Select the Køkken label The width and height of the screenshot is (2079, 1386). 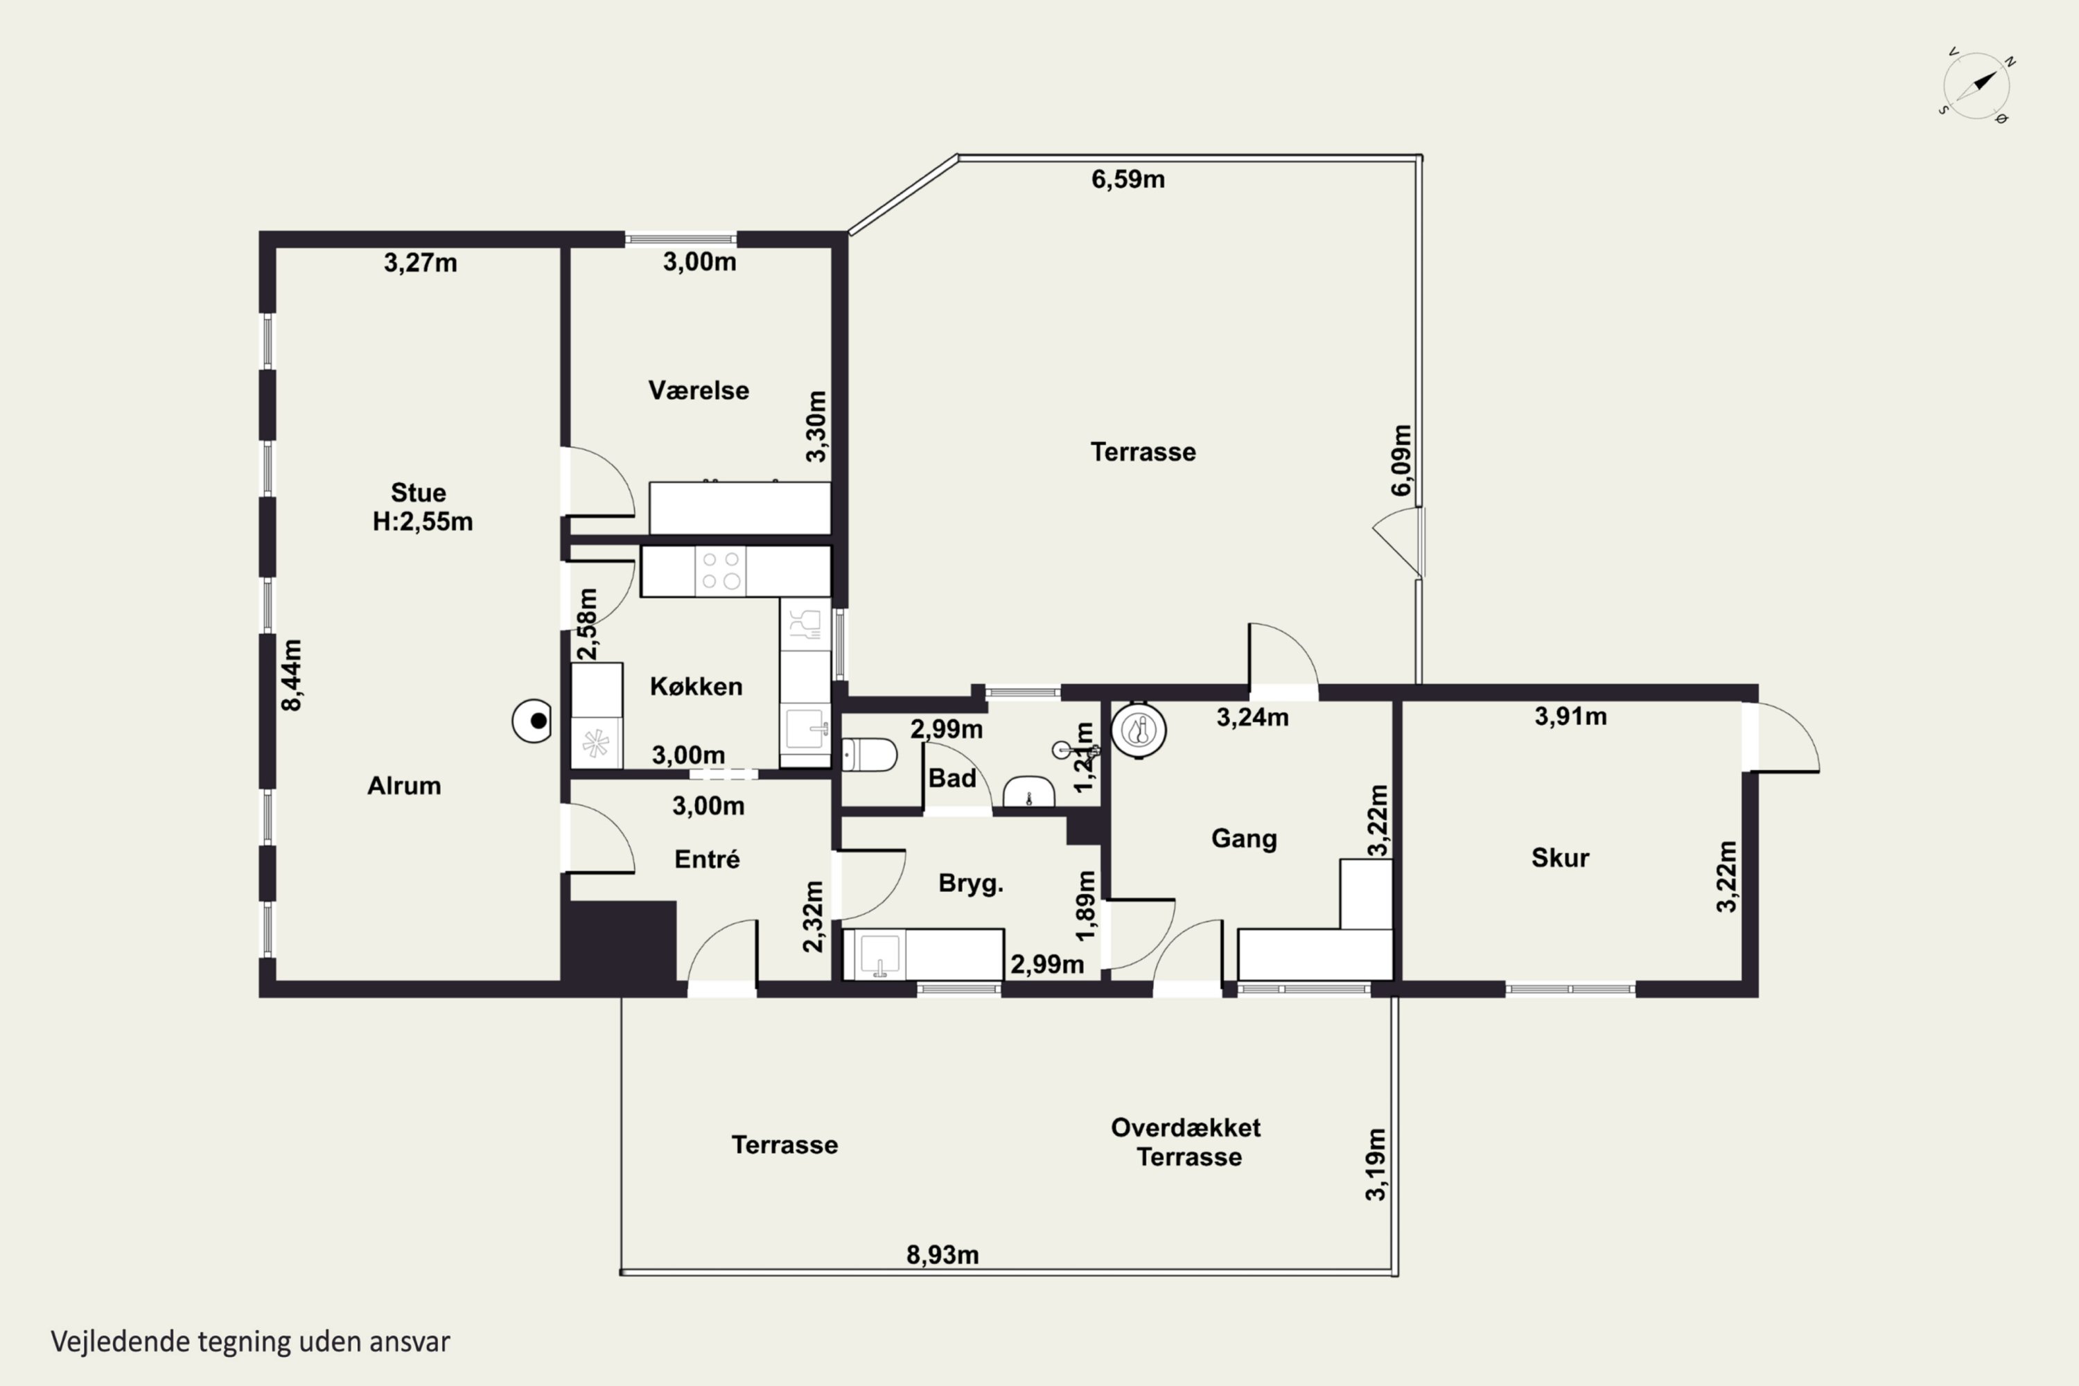(696, 686)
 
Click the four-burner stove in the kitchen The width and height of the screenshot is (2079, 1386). (721, 571)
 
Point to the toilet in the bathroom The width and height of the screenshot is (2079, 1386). (869, 755)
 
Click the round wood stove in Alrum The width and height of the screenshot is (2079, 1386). (532, 721)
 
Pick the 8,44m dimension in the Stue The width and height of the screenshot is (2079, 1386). (292, 675)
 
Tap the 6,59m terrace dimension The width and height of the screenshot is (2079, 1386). (1128, 179)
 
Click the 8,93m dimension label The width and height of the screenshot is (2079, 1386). (942, 1255)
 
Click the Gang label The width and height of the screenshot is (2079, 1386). (1244, 838)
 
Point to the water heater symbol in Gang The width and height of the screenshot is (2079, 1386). (1139, 730)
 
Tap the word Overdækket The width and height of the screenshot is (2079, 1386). (1185, 1128)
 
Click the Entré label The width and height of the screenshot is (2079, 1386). (706, 859)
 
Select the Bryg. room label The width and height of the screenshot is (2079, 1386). (971, 884)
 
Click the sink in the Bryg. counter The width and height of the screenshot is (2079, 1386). (879, 955)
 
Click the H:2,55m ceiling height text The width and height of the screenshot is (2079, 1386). (423, 522)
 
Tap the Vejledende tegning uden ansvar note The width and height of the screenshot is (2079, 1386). (250, 1342)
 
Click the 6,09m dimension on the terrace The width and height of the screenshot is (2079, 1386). (1402, 461)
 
